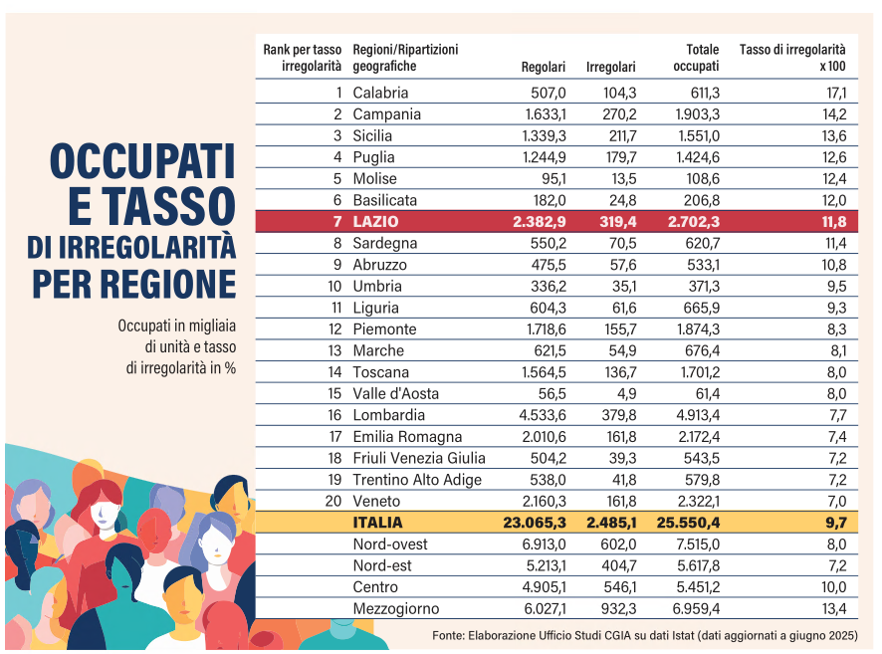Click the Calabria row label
coord(380,93)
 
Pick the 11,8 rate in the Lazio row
coord(834,222)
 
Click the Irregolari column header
coord(611,68)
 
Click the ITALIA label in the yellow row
coord(378,522)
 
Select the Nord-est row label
coord(383,565)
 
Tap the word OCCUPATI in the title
coord(142,162)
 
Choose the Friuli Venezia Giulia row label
coord(419,458)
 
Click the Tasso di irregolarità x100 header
coord(792,58)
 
